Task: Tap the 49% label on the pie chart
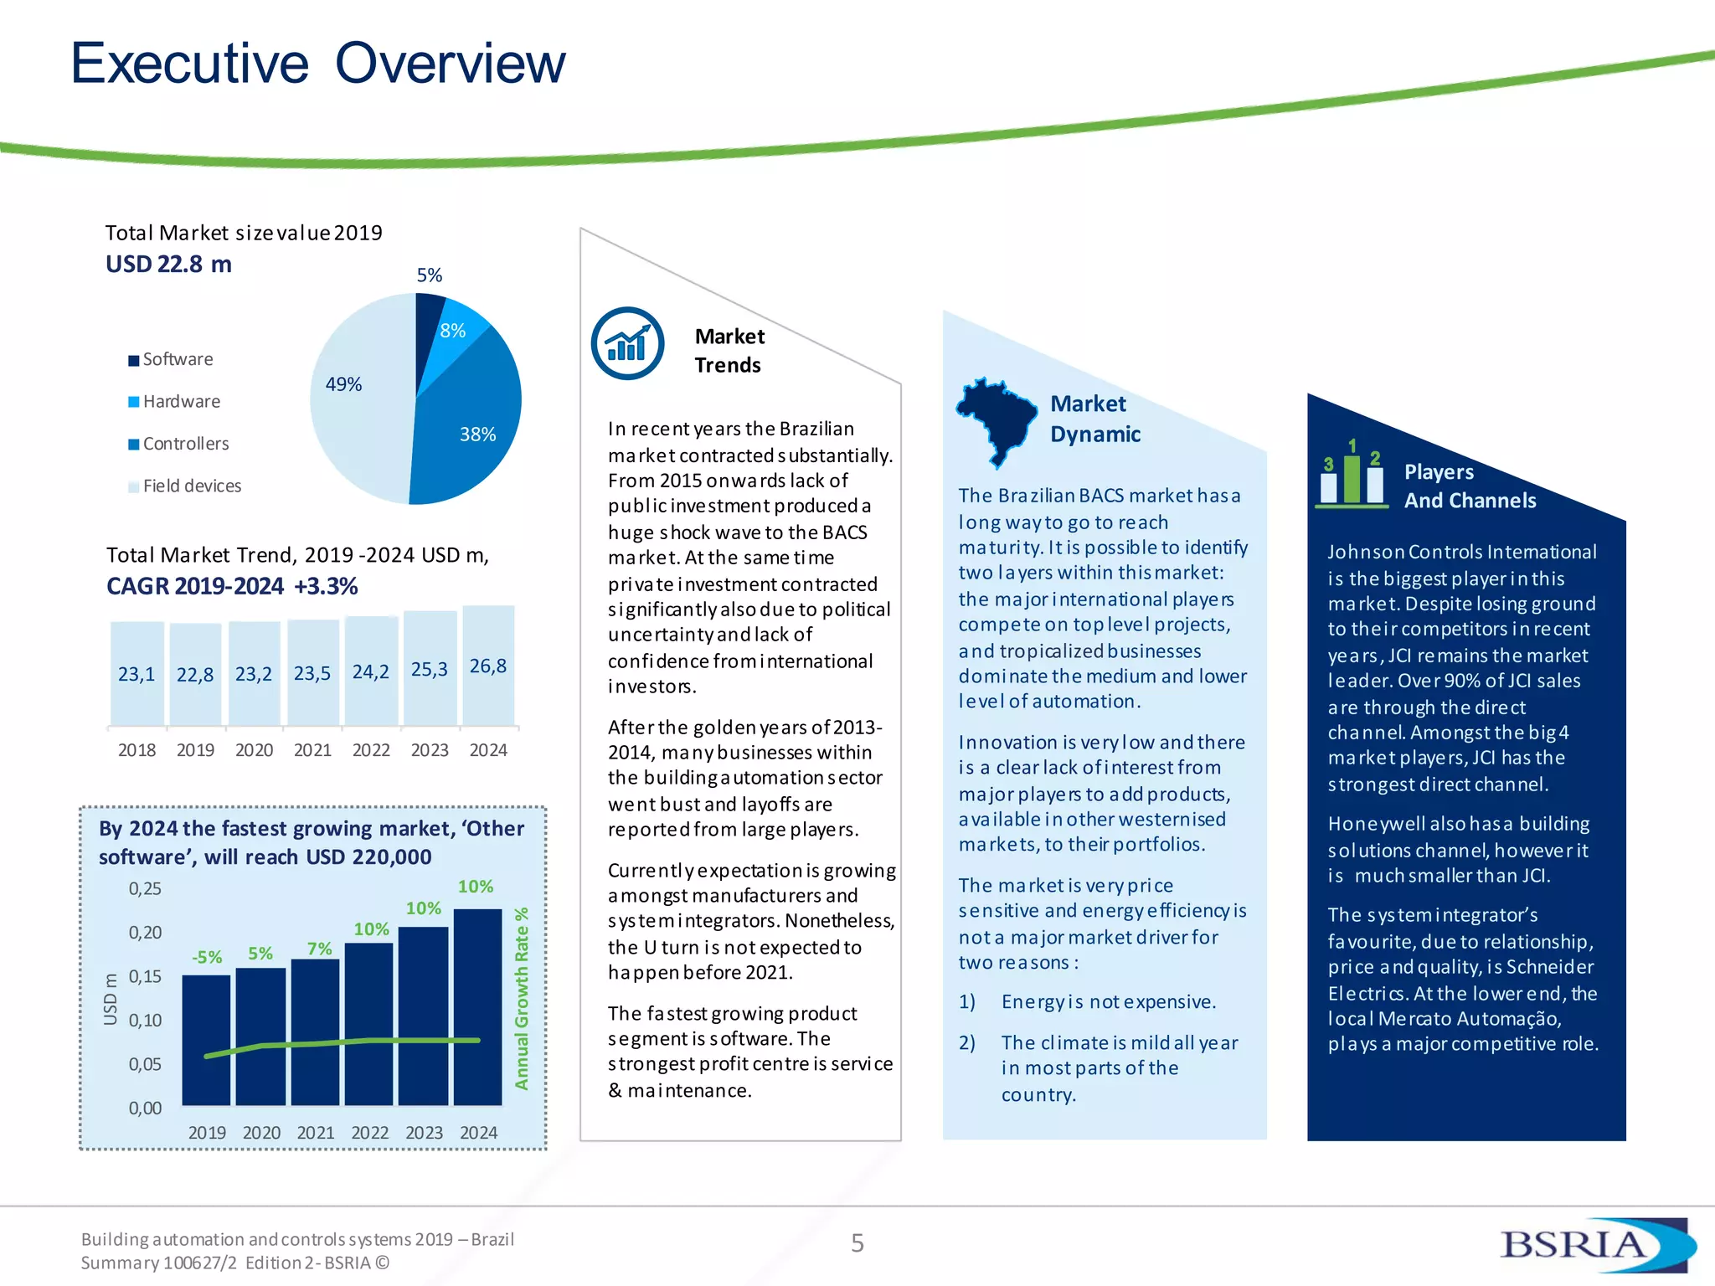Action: (343, 384)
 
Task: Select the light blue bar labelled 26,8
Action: (488, 666)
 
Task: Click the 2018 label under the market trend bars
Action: (136, 750)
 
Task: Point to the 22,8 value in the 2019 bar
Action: (195, 675)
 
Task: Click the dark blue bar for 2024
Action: (477, 1005)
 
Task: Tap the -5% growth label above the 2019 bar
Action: (207, 957)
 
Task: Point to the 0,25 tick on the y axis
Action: (145, 889)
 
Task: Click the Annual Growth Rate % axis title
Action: (522, 998)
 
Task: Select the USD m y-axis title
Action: (111, 999)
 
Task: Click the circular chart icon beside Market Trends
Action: (627, 344)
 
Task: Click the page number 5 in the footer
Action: (857, 1243)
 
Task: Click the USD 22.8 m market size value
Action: (168, 265)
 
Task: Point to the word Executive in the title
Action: (190, 64)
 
